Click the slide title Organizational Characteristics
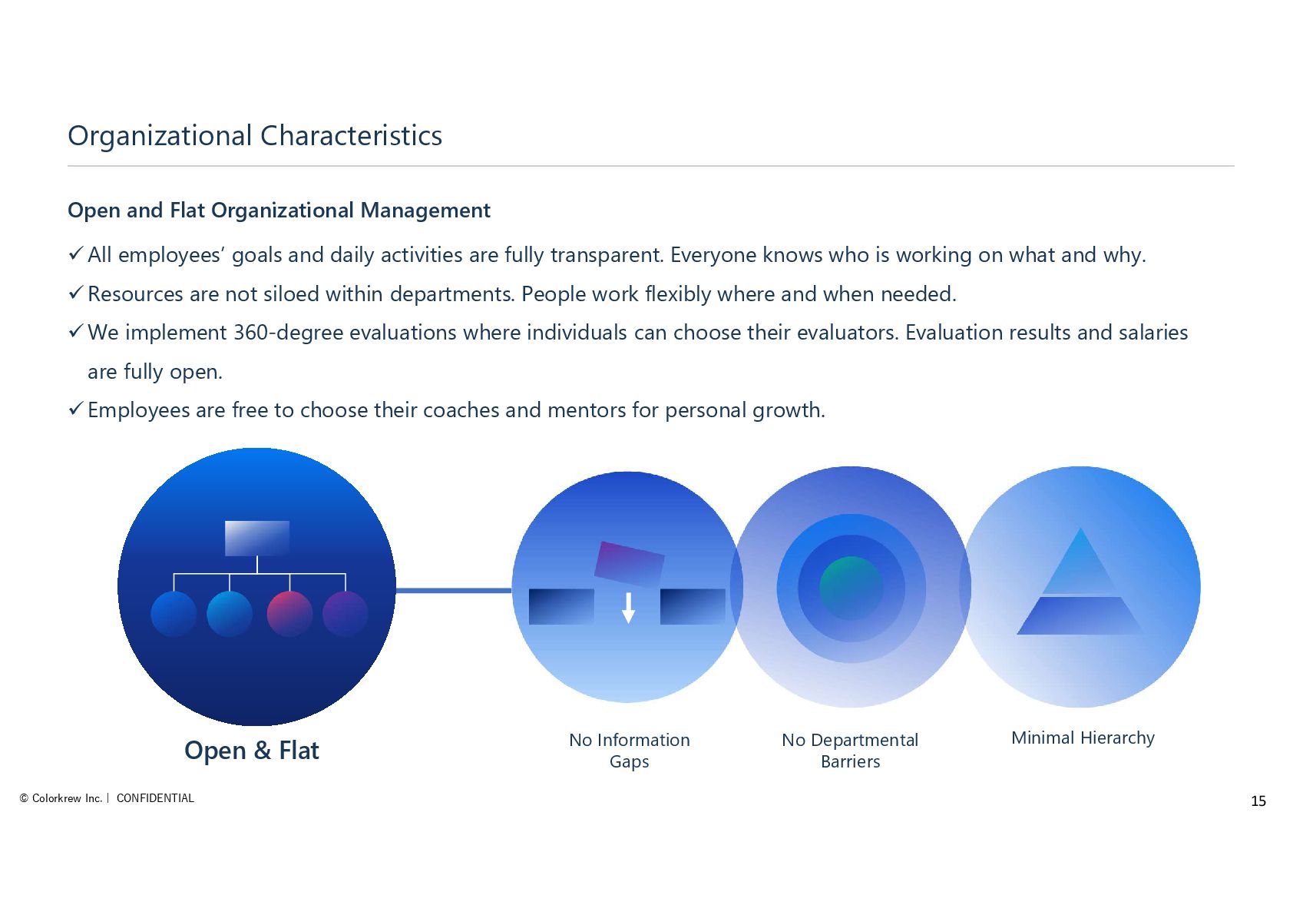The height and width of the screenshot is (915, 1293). pyautogui.click(x=255, y=136)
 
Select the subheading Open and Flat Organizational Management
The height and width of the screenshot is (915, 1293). pyautogui.click(x=279, y=211)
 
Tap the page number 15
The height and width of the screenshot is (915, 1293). pyautogui.click(x=1258, y=801)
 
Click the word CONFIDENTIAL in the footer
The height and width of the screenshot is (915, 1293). pyautogui.click(x=155, y=798)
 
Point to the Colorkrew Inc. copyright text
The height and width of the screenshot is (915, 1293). pyautogui.click(x=61, y=798)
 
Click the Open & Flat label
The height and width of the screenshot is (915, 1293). pyautogui.click(x=252, y=750)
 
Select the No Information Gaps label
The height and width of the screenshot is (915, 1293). pyautogui.click(x=629, y=751)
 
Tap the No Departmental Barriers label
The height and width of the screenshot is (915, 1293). pyautogui.click(x=850, y=751)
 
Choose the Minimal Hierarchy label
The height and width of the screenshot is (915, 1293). pyautogui.click(x=1083, y=738)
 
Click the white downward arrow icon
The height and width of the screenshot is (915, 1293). pyautogui.click(x=628, y=607)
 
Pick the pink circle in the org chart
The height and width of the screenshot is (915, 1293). pyautogui.click(x=289, y=613)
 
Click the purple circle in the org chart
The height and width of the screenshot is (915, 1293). pyautogui.click(x=346, y=613)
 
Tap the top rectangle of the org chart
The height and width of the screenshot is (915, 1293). pyautogui.click(x=256, y=538)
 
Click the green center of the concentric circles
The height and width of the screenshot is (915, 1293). pyautogui.click(x=851, y=588)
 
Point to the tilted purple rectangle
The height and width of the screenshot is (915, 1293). pyautogui.click(x=630, y=564)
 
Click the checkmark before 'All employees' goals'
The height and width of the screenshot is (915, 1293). pyautogui.click(x=75, y=254)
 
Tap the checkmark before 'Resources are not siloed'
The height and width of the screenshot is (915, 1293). pyautogui.click(x=75, y=293)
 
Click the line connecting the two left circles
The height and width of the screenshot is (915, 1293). pyautogui.click(x=453, y=590)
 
